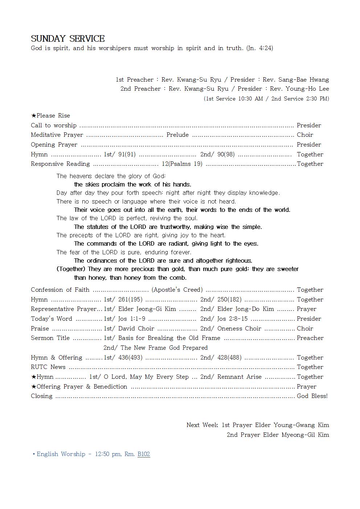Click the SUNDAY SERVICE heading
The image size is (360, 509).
[68, 38]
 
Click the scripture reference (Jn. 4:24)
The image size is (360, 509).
[259, 48]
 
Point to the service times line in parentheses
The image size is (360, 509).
[266, 99]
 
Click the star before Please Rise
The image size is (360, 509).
[33, 116]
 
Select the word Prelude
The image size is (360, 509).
[177, 135]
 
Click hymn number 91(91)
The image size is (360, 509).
[127, 154]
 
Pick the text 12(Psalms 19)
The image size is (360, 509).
[182, 164]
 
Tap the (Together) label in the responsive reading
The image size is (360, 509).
[71, 269]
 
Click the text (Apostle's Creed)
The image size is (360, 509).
[177, 290]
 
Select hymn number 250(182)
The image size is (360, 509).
[229, 300]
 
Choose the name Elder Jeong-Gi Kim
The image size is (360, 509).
[147, 309]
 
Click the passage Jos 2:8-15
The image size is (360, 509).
[232, 319]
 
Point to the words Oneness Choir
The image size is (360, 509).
[239, 329]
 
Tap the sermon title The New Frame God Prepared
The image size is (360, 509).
[164, 348]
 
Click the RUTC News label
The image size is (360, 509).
[48, 367]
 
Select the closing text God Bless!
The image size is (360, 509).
[312, 396]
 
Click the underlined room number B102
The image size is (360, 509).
[144, 454]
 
